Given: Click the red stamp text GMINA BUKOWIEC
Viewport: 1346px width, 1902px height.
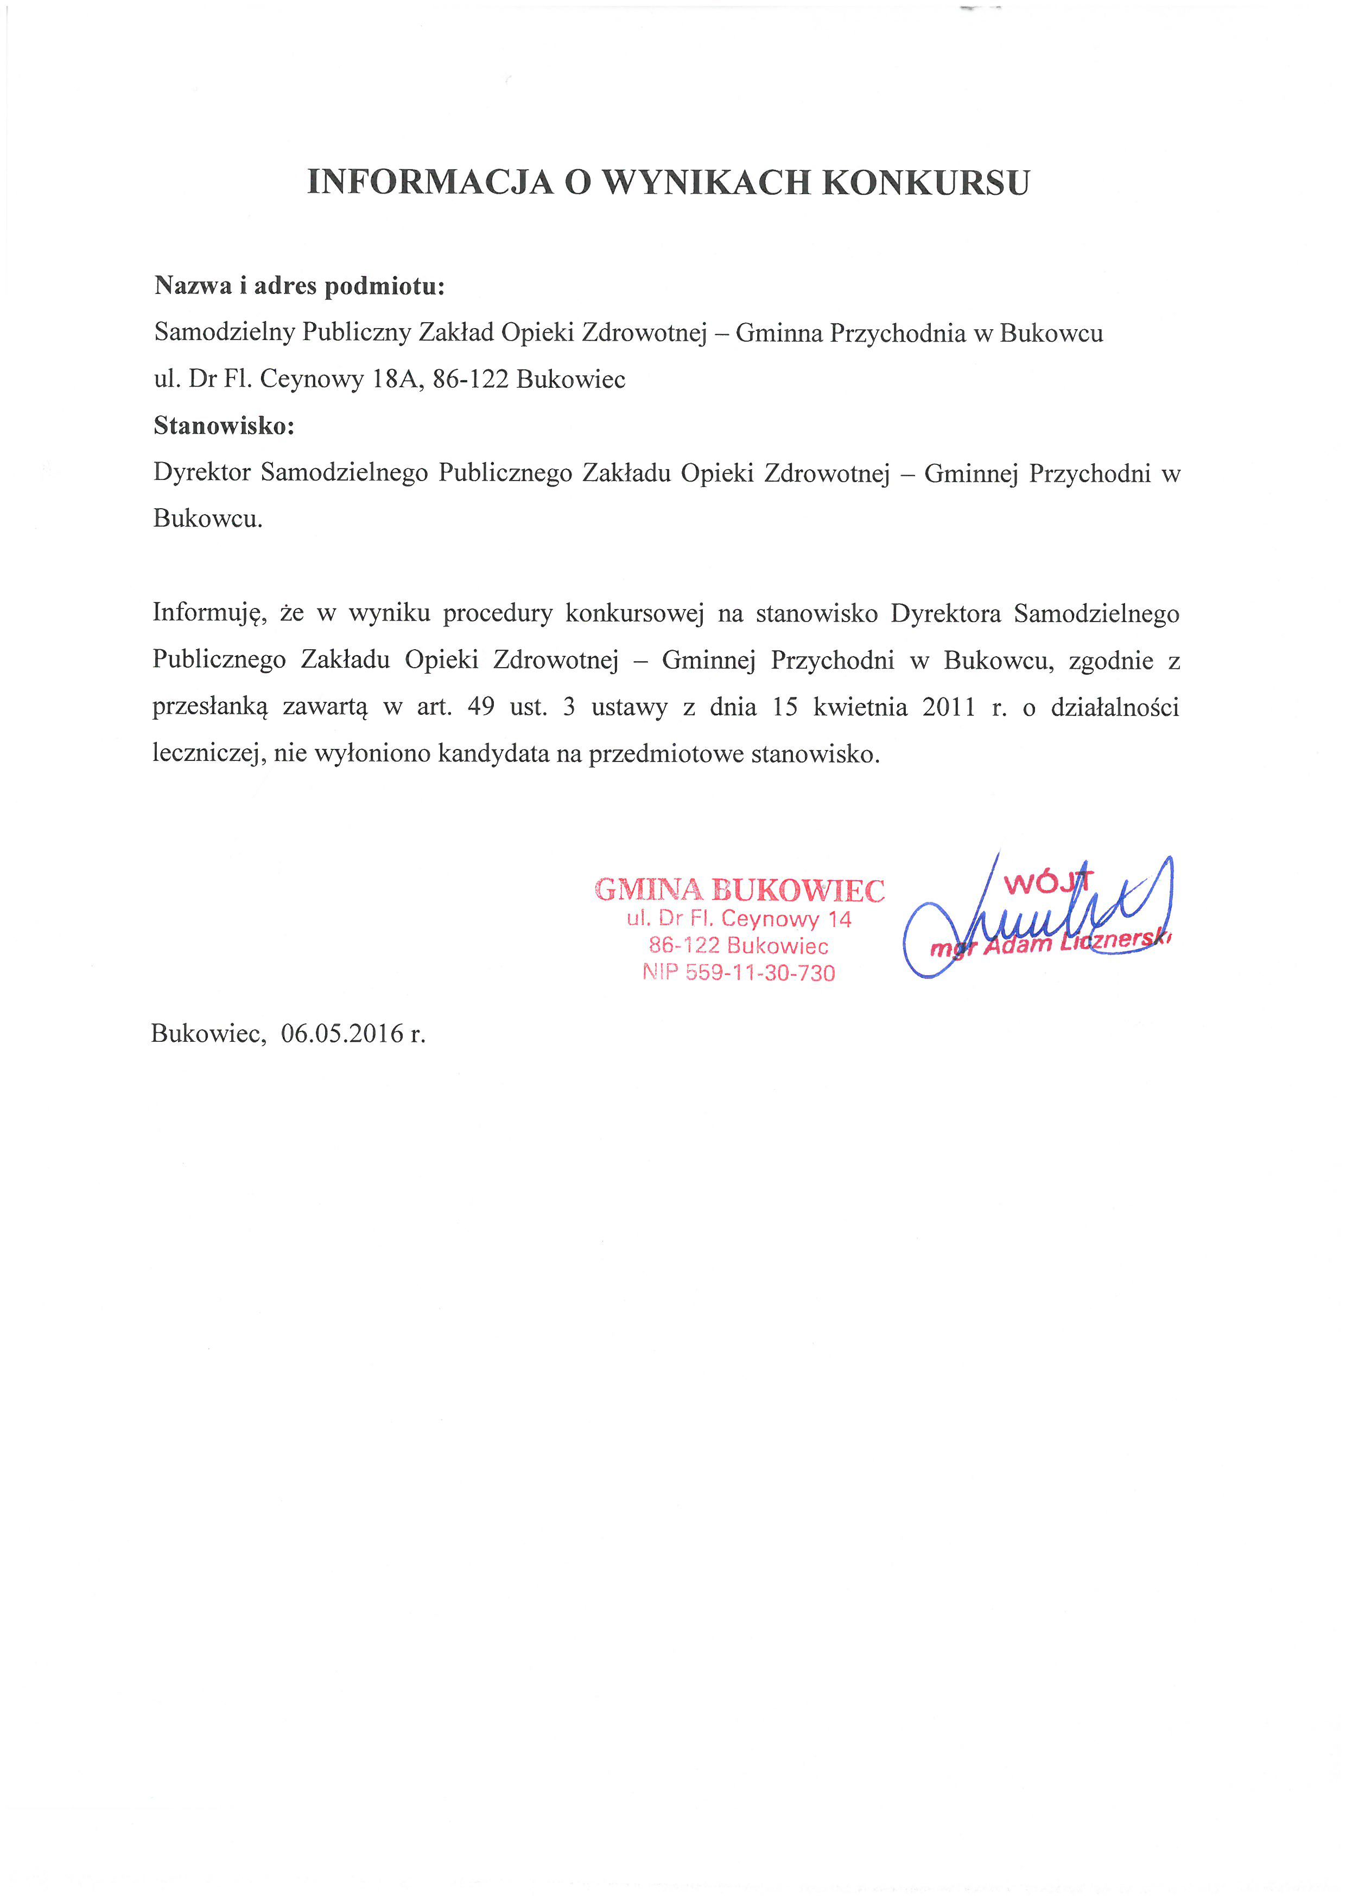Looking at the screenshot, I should point(739,891).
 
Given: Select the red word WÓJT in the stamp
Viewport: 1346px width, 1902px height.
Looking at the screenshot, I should point(1049,883).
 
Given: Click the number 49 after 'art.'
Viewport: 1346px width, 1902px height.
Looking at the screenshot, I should point(481,707).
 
